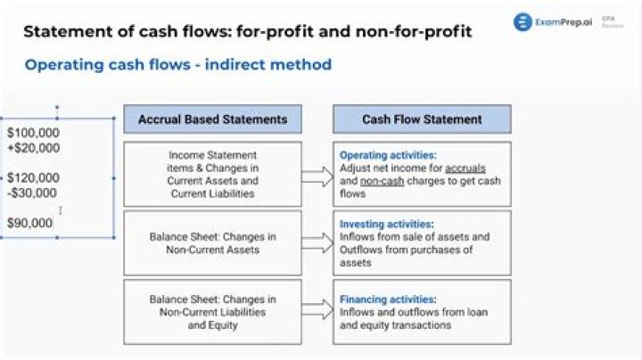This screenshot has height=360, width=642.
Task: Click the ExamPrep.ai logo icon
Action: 523,22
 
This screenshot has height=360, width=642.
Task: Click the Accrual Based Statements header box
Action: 212,119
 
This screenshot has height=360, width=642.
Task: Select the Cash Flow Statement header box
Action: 422,119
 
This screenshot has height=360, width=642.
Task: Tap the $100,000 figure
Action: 33,133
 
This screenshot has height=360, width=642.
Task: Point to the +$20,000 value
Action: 33,148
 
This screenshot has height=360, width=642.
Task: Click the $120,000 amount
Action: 33,177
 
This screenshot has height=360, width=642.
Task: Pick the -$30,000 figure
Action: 32,192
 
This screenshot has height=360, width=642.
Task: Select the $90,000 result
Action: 30,223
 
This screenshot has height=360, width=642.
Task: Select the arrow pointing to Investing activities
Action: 317,242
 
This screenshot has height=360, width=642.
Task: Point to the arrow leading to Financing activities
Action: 317,312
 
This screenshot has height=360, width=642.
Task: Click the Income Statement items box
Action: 212,174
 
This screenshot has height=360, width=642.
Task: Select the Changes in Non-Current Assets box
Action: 212,242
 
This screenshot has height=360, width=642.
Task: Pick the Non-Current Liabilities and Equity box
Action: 212,312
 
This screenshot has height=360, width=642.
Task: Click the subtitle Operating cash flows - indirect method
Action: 178,64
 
